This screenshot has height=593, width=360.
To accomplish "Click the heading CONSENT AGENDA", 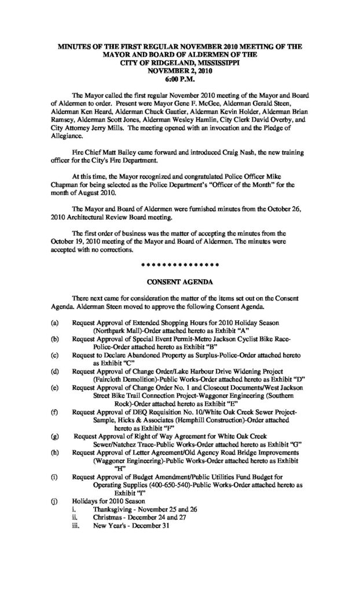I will (x=181, y=283).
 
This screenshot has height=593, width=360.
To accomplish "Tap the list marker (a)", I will (x=54, y=321).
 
